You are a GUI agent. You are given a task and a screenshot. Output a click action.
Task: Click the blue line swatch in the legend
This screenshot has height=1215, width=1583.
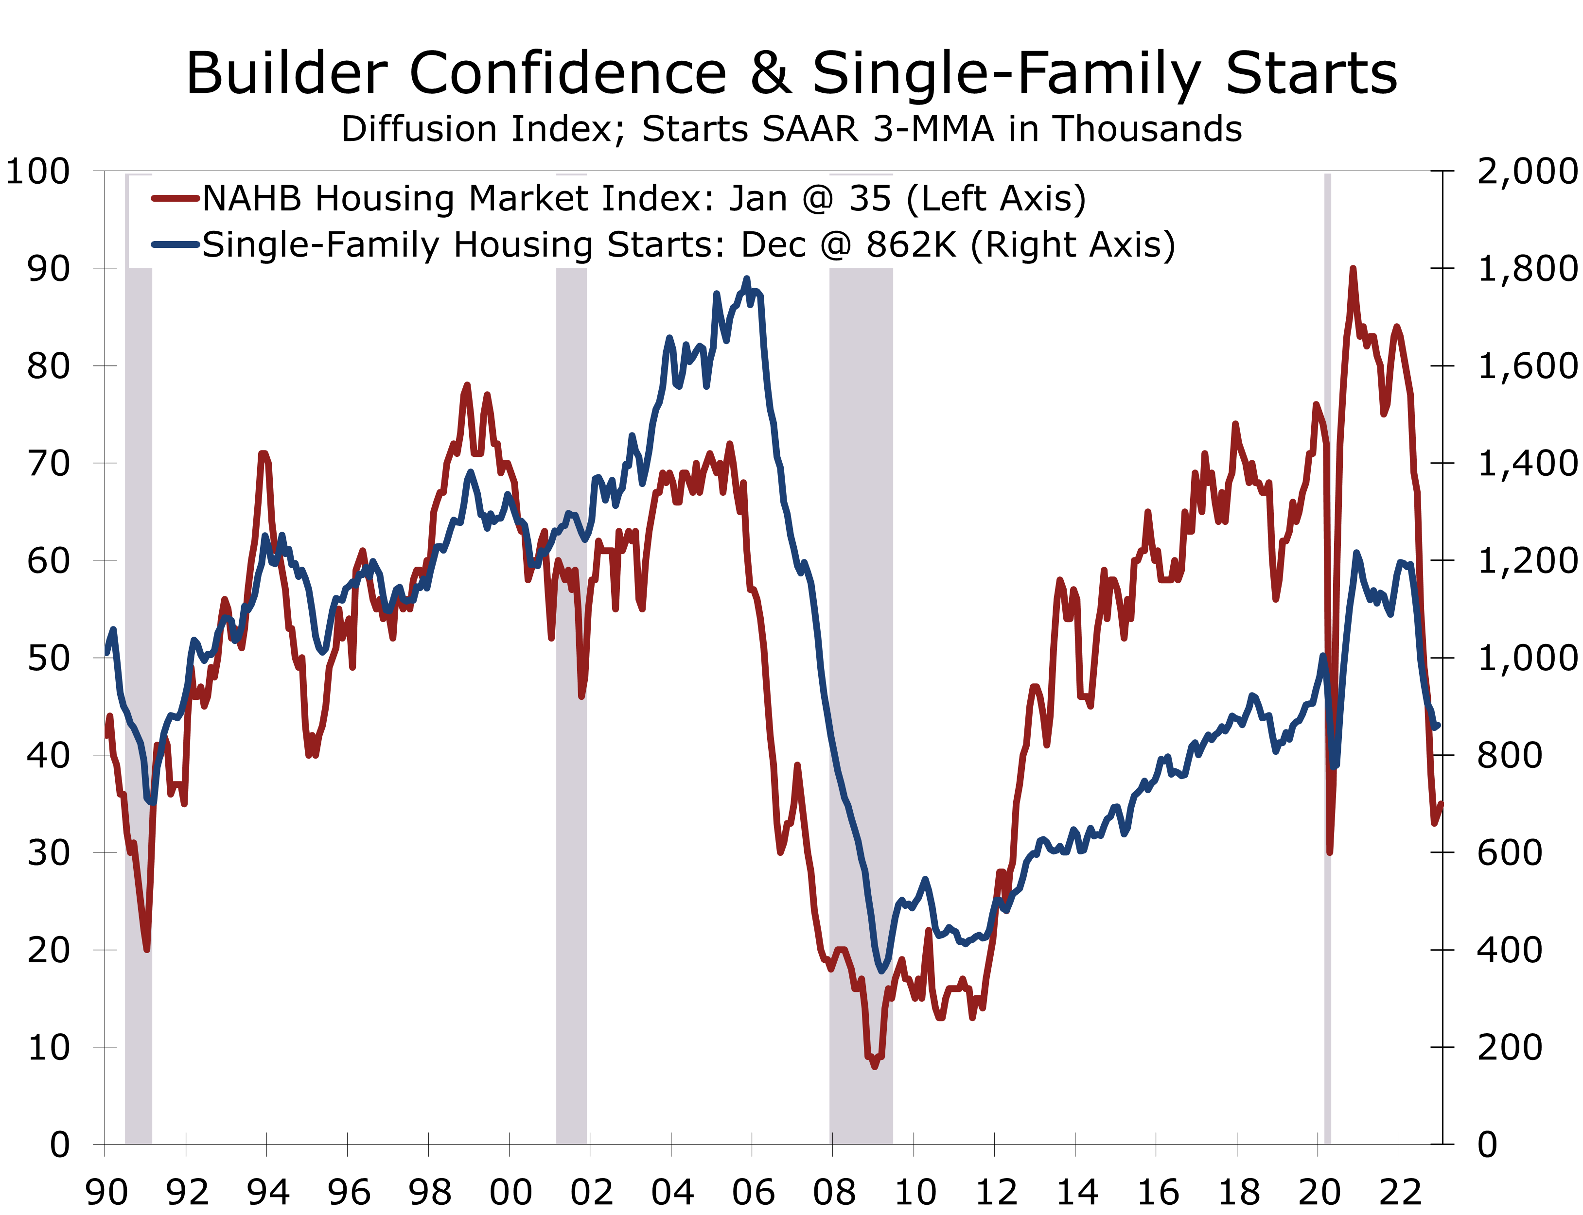(x=175, y=244)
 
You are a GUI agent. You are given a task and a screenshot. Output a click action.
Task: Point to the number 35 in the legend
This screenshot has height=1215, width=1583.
(x=870, y=198)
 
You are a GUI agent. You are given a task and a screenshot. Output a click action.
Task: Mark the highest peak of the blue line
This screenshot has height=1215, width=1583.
(x=747, y=279)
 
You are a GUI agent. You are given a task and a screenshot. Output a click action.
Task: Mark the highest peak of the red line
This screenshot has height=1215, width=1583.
(x=1352, y=269)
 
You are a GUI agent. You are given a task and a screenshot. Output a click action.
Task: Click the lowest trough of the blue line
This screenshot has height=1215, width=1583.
(x=881, y=971)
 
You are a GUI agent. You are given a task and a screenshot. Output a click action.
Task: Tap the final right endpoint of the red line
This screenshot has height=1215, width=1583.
(x=1441, y=803)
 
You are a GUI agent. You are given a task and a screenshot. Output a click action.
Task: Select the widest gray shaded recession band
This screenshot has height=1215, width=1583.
(x=861, y=723)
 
